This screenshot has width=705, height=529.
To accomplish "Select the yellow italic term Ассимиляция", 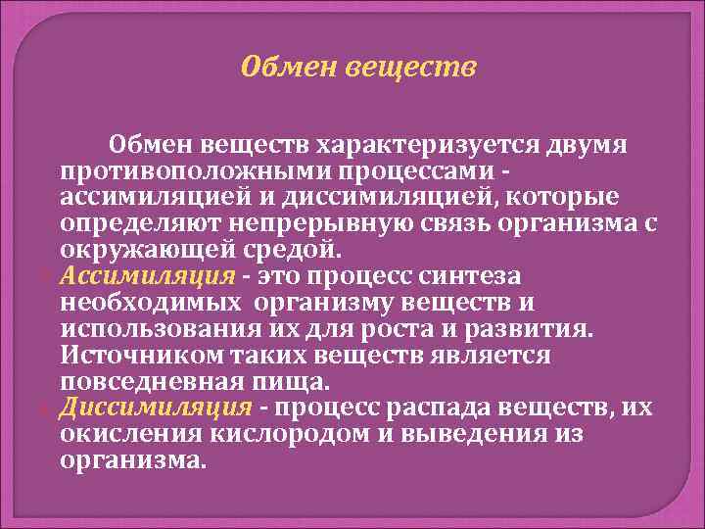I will coord(147,274).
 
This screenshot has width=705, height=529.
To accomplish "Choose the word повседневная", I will coord(149,377).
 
